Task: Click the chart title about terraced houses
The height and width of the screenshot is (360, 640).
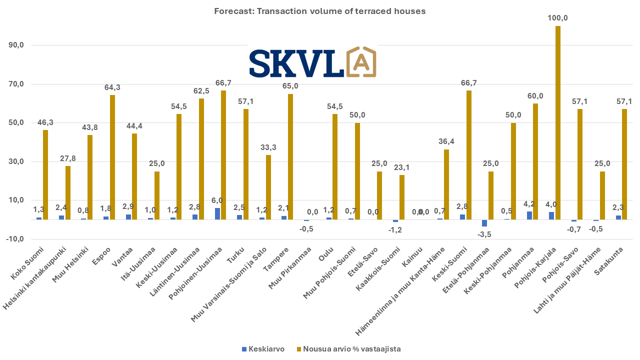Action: click(x=320, y=11)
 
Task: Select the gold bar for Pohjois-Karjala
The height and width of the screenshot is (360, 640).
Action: click(x=558, y=122)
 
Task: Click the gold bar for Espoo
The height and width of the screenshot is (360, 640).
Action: click(x=112, y=157)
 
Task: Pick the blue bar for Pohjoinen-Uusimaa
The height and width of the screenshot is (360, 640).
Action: click(x=217, y=213)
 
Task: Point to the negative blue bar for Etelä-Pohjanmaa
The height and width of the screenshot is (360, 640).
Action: click(x=484, y=223)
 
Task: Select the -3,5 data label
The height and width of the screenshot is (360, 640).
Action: click(x=484, y=234)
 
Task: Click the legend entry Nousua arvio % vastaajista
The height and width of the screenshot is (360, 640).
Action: click(x=348, y=349)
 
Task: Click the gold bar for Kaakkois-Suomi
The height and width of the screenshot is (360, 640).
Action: click(x=401, y=197)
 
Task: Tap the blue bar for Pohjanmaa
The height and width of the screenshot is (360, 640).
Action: click(x=529, y=215)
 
